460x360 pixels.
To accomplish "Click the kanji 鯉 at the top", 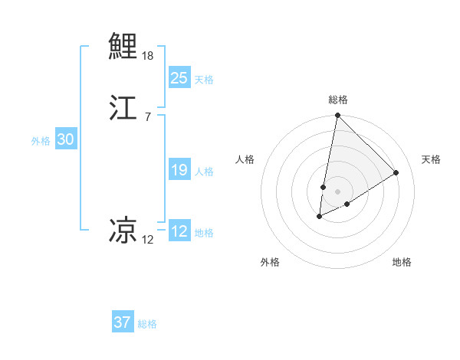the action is [123, 45].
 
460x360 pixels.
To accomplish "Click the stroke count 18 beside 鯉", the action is [148, 56].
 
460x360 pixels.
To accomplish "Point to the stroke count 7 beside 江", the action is [147, 116].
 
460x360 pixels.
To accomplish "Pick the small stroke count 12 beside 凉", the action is [147, 240].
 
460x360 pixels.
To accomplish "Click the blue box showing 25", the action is [179, 77].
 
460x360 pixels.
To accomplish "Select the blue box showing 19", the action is [179, 170].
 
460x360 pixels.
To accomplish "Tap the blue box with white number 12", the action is [179, 231].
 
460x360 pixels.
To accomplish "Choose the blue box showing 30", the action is [65, 139].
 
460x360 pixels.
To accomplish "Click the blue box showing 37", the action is [123, 322].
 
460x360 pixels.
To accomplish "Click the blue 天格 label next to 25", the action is [204, 79].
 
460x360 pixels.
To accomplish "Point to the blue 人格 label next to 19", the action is [204, 172].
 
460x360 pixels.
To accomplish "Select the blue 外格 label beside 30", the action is [41, 141].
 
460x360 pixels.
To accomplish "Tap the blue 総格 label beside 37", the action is [147, 324].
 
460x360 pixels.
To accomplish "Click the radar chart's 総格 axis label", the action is [338, 100].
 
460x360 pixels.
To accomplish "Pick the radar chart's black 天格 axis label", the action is [431, 159].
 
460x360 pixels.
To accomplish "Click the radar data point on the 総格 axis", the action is [337, 116].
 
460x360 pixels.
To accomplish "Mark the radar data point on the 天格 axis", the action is [396, 172].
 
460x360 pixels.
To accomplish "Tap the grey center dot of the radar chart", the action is [337, 191].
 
